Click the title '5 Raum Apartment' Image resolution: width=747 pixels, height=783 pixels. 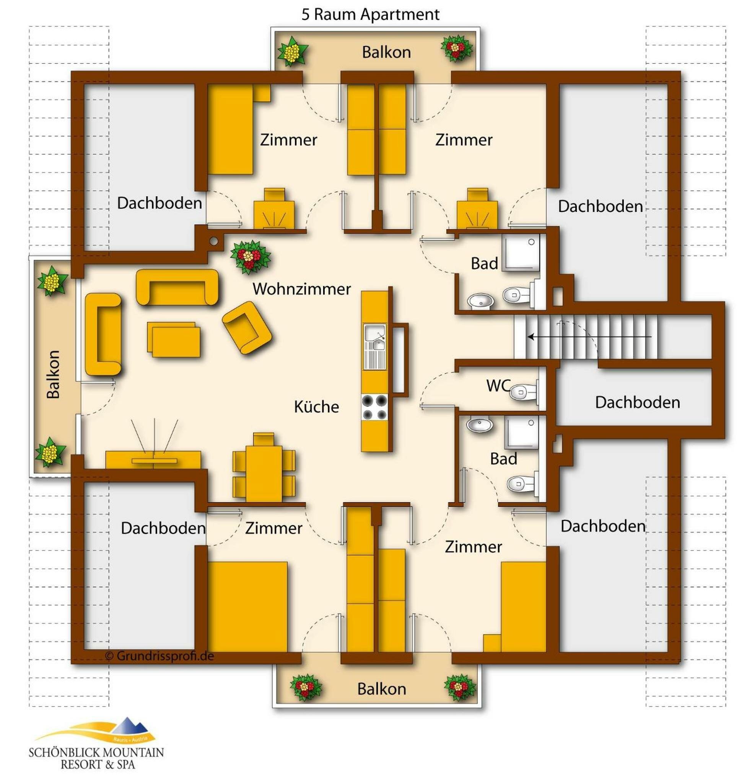click(370, 14)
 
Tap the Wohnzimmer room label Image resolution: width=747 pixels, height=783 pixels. click(301, 289)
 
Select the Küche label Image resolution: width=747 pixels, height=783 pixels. click(316, 407)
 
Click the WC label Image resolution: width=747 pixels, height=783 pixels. click(498, 385)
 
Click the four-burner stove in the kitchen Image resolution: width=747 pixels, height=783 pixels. click(374, 407)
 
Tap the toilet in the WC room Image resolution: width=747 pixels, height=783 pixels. click(523, 392)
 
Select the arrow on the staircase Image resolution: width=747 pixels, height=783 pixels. click(589, 337)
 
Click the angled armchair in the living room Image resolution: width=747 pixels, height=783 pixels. click(247, 327)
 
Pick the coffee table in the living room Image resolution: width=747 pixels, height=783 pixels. click(174, 339)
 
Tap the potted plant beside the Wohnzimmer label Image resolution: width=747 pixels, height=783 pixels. click(250, 257)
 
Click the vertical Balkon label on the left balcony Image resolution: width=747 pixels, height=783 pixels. click(53, 374)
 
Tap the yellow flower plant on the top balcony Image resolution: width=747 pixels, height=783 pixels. click(292, 52)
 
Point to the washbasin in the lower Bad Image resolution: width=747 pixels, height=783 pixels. click(479, 424)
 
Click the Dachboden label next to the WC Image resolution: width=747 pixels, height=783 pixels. click(637, 402)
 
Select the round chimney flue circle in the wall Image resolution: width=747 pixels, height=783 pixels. click(214, 241)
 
